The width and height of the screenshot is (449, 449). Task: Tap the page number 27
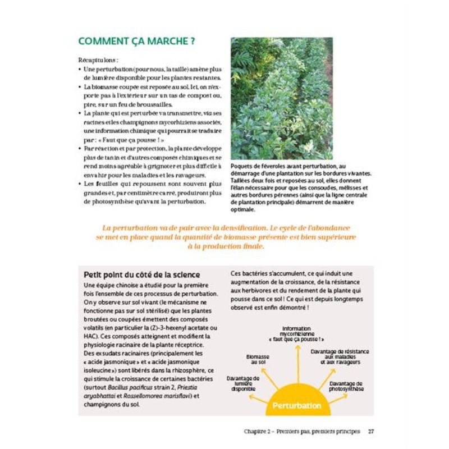[371, 431]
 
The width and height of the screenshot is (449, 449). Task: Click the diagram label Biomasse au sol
[258, 360]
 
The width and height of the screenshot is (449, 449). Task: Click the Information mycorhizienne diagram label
[296, 334]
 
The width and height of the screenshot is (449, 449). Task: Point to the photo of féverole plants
[281, 98]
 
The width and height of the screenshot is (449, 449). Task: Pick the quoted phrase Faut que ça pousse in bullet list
[121, 140]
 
